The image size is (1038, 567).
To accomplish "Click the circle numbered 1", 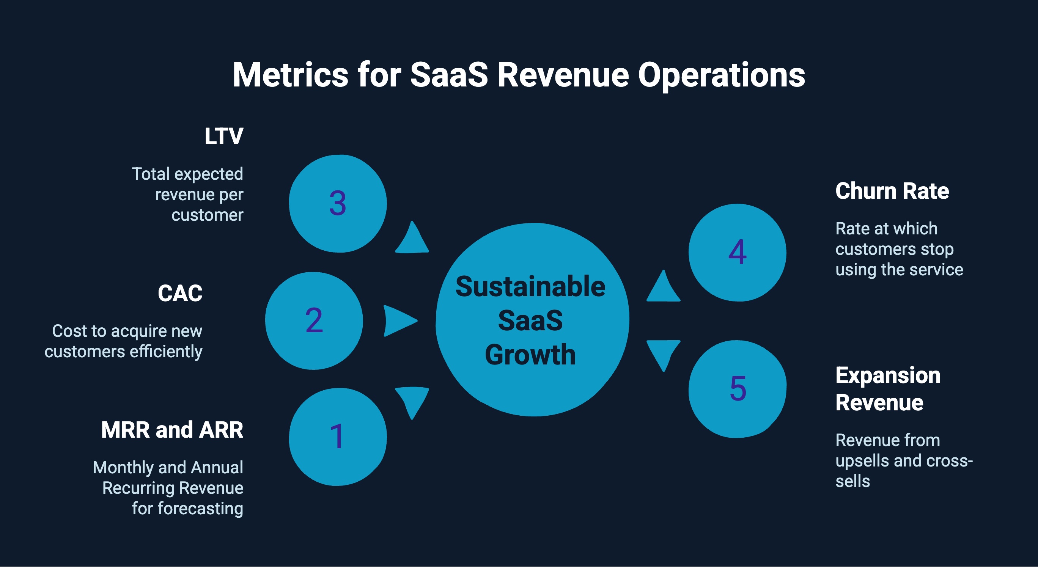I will click(x=338, y=437).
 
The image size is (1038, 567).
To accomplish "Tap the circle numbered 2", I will click(x=314, y=321).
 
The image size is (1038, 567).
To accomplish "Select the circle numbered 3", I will click(x=338, y=203).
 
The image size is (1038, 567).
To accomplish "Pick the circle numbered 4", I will click(x=738, y=253).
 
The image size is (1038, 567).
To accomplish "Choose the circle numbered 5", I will click(x=738, y=389).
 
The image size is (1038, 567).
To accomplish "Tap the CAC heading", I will click(x=180, y=293).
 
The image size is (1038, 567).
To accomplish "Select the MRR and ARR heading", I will click(x=172, y=430).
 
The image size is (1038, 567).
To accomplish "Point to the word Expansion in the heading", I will click(x=888, y=375).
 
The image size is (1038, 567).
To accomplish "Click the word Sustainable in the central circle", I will click(x=530, y=287).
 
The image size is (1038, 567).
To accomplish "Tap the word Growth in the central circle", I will click(x=530, y=355).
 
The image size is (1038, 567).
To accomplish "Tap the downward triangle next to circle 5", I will click(x=663, y=352).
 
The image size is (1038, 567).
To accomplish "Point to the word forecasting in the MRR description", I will click(x=200, y=509).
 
